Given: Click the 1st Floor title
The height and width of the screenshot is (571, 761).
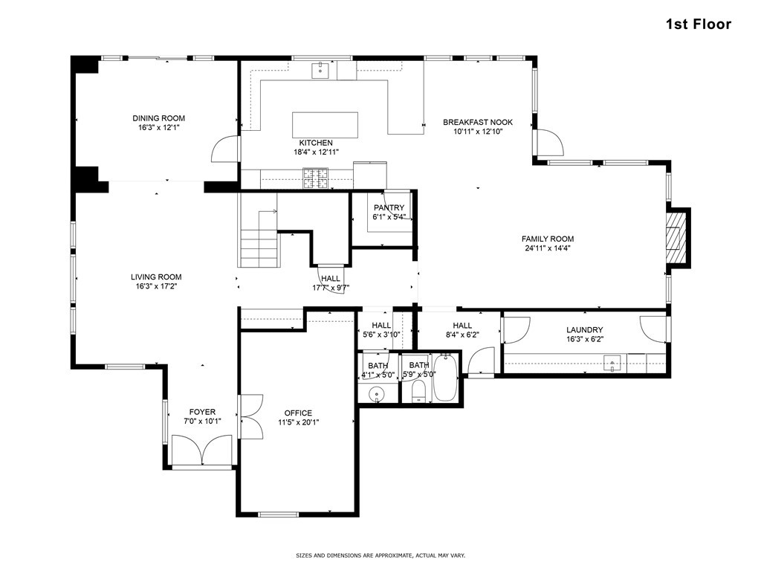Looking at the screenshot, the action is (x=698, y=25).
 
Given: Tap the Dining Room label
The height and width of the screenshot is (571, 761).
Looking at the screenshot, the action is (x=159, y=118).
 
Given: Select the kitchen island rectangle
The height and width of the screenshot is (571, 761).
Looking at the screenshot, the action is (x=326, y=125).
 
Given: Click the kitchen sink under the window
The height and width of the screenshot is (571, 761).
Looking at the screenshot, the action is (x=320, y=70).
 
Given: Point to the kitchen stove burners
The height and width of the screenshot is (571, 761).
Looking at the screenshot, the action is (x=315, y=178).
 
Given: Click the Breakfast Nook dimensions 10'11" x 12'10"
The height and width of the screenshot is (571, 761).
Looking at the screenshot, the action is (x=478, y=132).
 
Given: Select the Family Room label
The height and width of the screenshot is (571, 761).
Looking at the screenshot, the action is (x=548, y=239).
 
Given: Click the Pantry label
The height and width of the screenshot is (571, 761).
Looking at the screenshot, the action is (x=389, y=208).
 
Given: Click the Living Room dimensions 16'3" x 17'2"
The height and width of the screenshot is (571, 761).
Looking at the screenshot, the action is (x=156, y=286).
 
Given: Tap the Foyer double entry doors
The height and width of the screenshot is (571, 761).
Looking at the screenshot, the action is (x=202, y=450).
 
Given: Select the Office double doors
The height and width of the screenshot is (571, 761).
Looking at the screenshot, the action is (x=251, y=416).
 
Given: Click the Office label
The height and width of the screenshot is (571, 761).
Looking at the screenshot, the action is (x=298, y=413).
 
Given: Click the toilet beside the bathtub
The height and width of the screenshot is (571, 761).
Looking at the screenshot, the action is (x=418, y=391).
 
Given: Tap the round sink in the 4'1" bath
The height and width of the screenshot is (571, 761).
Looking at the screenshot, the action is (x=376, y=394).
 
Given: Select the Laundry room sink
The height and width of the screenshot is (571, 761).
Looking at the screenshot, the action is (x=612, y=363).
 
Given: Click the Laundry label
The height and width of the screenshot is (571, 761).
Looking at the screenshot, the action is (x=584, y=330).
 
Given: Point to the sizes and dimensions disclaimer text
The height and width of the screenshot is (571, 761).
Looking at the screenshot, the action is (x=380, y=555).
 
